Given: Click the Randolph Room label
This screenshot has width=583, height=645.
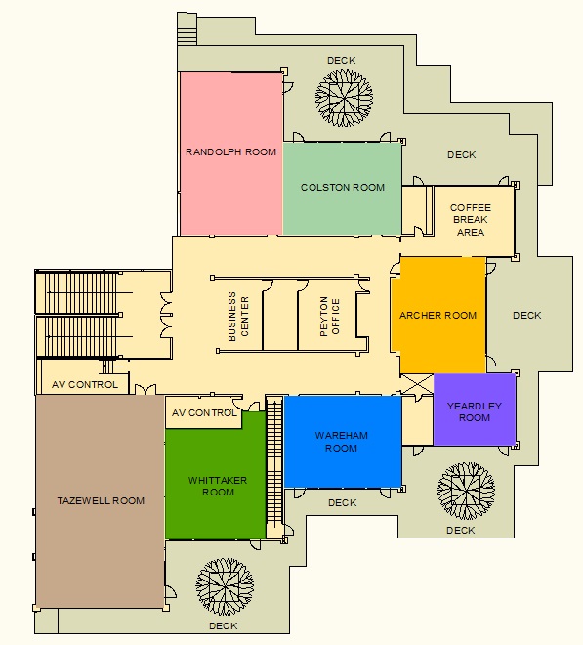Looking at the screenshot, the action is [x=231, y=151].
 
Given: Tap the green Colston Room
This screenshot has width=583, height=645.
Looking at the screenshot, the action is [x=342, y=189].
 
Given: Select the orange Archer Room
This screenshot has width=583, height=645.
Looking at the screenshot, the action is [x=438, y=315].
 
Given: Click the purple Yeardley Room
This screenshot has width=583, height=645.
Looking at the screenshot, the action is [x=475, y=409].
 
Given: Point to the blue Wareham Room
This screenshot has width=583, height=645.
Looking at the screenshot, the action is [x=343, y=442].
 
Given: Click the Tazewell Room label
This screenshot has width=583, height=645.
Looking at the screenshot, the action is [x=101, y=500].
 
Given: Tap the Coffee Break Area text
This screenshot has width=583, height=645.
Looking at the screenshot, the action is [x=471, y=220].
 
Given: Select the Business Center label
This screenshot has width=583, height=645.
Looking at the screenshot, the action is [x=238, y=317].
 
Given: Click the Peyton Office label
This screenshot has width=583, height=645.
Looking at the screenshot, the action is [x=330, y=317].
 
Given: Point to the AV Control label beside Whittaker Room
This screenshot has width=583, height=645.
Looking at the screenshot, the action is [x=204, y=412].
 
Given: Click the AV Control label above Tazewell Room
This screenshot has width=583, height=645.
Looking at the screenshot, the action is [x=85, y=385].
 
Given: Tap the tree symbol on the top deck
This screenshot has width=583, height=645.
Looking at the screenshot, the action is [x=344, y=98].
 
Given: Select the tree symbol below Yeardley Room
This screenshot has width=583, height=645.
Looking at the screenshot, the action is [x=466, y=491].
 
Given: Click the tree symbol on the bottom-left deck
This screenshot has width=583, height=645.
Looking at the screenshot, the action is [x=225, y=587].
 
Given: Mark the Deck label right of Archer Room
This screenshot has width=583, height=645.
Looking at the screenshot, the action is [x=526, y=315].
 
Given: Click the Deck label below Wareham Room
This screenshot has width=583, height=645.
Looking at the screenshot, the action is [x=342, y=502].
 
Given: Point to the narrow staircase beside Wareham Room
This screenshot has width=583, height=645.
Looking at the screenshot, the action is [x=274, y=467].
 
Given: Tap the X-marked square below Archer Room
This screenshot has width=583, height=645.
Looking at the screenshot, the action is [x=417, y=384].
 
